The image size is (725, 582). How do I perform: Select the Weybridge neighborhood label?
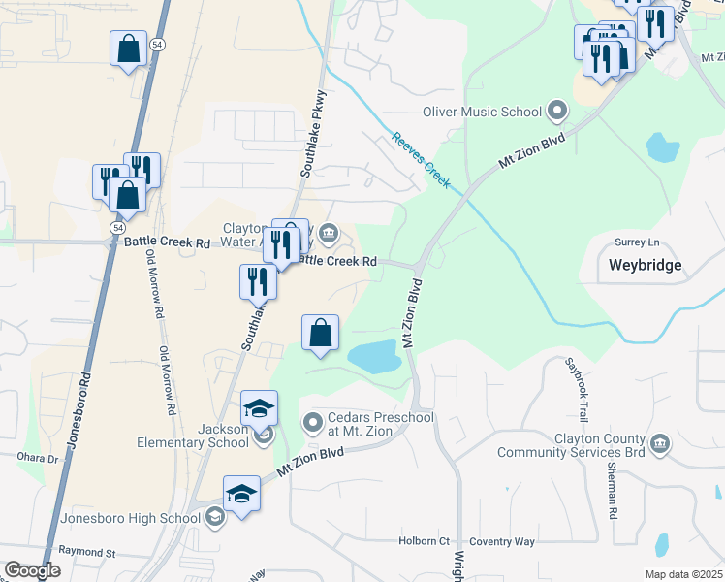tap(645, 264)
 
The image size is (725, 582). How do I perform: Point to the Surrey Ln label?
tap(636, 242)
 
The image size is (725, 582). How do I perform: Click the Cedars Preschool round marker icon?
tap(312, 422)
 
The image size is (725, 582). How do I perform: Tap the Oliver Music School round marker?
tap(556, 111)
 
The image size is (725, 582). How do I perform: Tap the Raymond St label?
tap(86, 553)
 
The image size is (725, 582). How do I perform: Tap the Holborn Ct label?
tap(424, 541)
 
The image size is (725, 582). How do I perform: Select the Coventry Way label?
tap(501, 541)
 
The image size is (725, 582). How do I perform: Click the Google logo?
tap(33, 570)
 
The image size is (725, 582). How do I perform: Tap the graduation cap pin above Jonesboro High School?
tap(242, 494)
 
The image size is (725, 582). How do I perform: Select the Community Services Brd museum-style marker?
tap(660, 445)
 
